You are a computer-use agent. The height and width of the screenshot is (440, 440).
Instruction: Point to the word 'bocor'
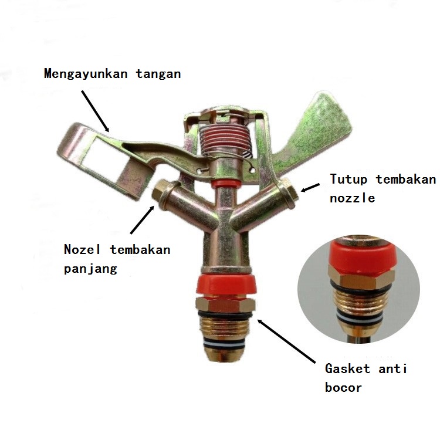coord(343,387)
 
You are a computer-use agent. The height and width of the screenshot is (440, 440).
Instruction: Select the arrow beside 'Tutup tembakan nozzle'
coord(311,187)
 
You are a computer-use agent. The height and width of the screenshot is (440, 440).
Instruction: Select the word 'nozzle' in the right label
coord(352,198)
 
